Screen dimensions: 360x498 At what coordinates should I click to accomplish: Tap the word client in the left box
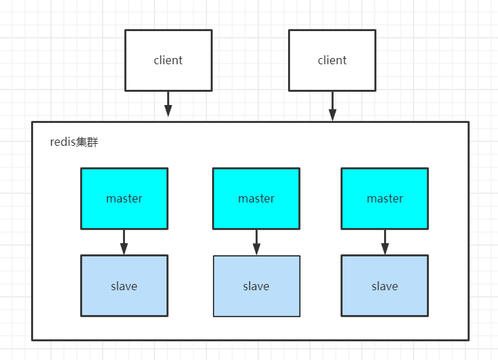[168, 60]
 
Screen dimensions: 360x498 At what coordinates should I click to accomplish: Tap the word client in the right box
[332, 60]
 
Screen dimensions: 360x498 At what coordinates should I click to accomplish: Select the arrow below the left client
[168, 105]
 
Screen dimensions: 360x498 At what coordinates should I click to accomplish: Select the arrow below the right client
[332, 106]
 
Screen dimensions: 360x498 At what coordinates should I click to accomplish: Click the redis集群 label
[74, 142]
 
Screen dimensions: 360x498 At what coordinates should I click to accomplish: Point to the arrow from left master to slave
[124, 243]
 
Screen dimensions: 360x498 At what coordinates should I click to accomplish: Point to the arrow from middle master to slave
[256, 243]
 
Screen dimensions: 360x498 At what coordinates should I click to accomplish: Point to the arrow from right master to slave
[385, 243]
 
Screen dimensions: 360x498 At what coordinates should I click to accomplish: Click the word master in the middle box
[256, 198]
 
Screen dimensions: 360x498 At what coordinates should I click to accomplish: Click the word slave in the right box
[385, 286]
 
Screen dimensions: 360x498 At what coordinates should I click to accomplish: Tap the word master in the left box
[124, 198]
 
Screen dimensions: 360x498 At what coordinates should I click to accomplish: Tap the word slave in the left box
[124, 286]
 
